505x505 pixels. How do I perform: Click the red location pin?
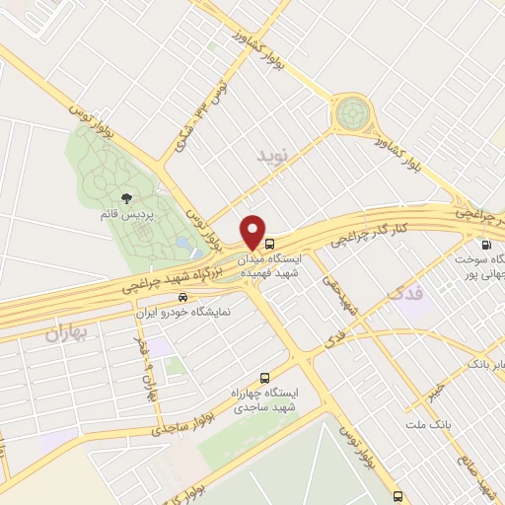click(254, 233)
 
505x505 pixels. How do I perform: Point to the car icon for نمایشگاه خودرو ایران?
click(181, 296)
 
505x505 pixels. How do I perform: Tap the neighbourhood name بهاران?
click(66, 333)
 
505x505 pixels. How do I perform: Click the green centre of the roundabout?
click(350, 115)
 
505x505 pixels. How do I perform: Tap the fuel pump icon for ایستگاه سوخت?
click(485, 245)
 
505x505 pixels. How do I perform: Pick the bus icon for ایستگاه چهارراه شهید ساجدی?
click(263, 378)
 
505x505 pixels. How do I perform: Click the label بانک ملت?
click(426, 424)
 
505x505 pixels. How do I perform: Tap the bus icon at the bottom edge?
click(397, 496)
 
